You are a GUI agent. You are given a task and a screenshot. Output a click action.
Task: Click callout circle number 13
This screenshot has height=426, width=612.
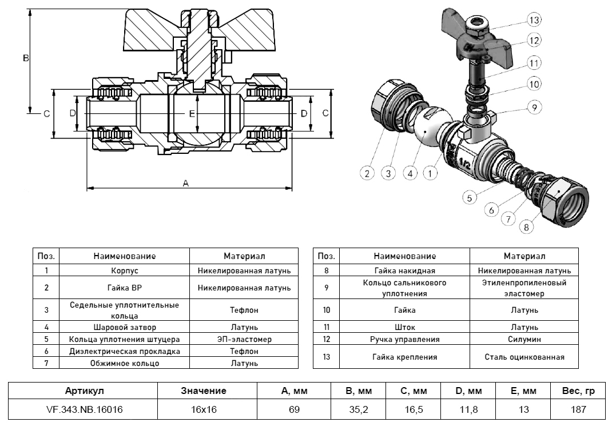click(534, 20)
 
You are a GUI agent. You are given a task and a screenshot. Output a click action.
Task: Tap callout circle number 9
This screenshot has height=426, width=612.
click(532, 107)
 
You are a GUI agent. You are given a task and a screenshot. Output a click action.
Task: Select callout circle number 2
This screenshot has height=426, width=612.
click(368, 172)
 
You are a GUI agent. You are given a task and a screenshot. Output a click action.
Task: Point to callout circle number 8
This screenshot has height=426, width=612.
click(526, 227)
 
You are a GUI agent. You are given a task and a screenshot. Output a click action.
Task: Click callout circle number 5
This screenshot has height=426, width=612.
click(469, 198)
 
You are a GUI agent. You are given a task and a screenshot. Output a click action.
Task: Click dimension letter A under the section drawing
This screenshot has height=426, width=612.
click(185, 183)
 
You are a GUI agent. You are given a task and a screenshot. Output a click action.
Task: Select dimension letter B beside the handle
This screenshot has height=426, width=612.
click(25, 58)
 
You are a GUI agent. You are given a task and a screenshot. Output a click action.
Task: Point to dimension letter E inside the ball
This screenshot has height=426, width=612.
click(192, 114)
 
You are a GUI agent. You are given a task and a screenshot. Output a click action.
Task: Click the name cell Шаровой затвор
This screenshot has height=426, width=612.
click(124, 328)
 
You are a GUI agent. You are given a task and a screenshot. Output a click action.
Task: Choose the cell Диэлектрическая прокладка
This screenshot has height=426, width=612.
click(124, 351)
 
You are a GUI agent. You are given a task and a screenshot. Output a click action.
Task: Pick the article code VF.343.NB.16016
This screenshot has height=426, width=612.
click(85, 409)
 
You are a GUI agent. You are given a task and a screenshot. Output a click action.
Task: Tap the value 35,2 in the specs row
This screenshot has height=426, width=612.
click(359, 409)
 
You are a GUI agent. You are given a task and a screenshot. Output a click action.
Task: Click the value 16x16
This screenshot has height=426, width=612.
click(204, 409)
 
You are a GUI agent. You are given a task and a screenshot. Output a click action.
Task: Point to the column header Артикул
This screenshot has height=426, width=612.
click(85, 391)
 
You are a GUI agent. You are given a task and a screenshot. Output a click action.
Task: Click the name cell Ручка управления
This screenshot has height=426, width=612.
click(405, 339)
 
